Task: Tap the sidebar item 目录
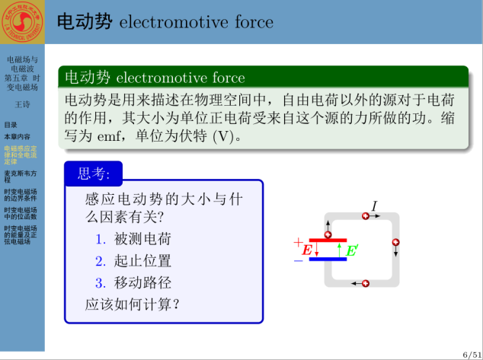click(x=11, y=125)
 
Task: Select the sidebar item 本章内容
click(x=18, y=136)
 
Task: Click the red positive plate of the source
click(x=328, y=241)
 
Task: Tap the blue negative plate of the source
click(x=328, y=259)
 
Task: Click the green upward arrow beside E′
click(x=340, y=250)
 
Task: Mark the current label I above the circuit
click(x=374, y=205)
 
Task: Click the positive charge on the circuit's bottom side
click(x=366, y=283)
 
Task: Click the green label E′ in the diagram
click(x=352, y=250)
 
